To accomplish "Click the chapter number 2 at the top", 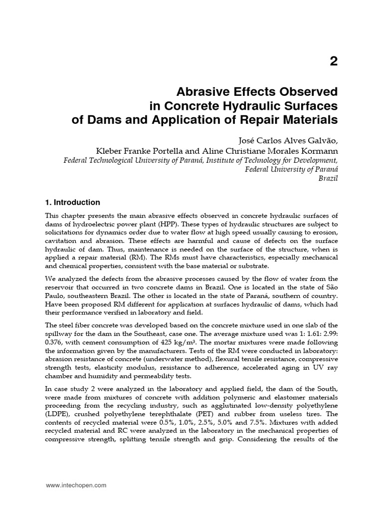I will click(333, 61).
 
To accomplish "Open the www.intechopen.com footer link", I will click(76, 486).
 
